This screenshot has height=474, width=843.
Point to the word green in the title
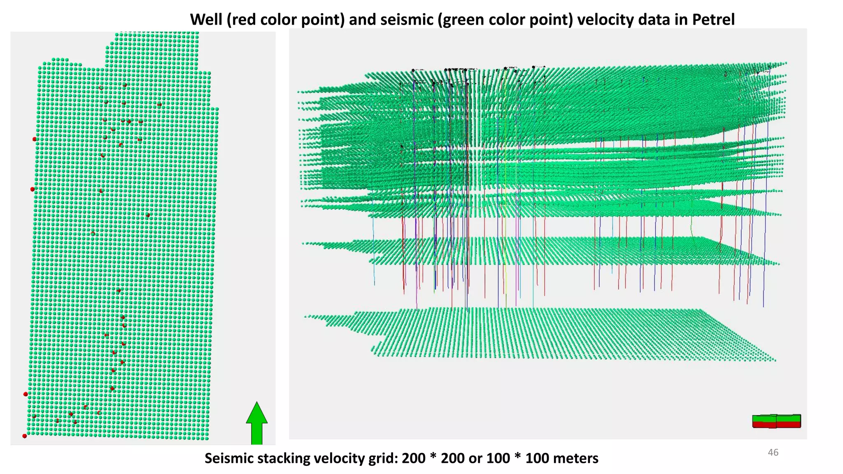coord(463,19)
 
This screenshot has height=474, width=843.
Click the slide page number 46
coord(773,453)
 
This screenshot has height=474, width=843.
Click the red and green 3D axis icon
coord(776,421)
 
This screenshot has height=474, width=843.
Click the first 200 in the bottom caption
coord(413,458)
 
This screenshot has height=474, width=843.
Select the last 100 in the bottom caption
coord(537,458)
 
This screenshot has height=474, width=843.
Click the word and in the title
coord(362,19)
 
